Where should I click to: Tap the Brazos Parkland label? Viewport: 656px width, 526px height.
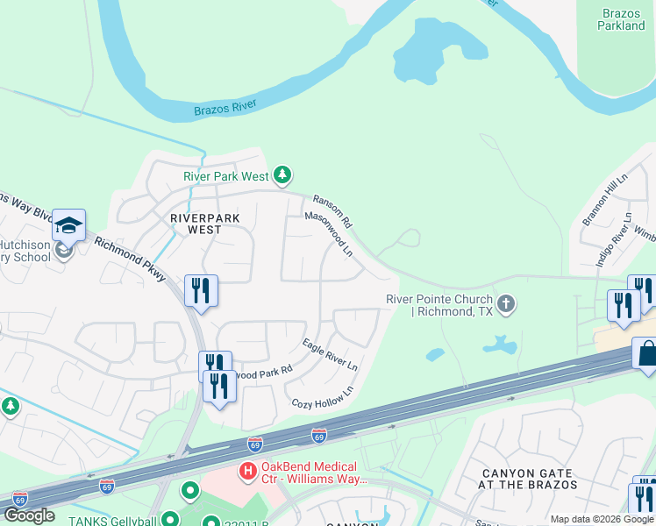click(623, 19)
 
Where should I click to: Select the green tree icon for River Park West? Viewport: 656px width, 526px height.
click(282, 176)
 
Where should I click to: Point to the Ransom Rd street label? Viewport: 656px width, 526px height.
click(332, 209)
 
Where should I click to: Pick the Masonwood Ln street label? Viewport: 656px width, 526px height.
click(329, 234)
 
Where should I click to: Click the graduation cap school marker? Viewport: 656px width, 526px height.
click(68, 226)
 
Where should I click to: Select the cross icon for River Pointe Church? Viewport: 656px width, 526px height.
click(505, 305)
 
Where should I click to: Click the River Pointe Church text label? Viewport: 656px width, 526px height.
click(439, 305)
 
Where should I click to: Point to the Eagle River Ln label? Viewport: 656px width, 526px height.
click(331, 354)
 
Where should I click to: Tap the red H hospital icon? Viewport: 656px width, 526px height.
click(248, 473)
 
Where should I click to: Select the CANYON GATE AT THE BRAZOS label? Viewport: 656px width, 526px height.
click(529, 479)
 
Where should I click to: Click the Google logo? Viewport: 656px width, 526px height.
click(29, 515)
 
